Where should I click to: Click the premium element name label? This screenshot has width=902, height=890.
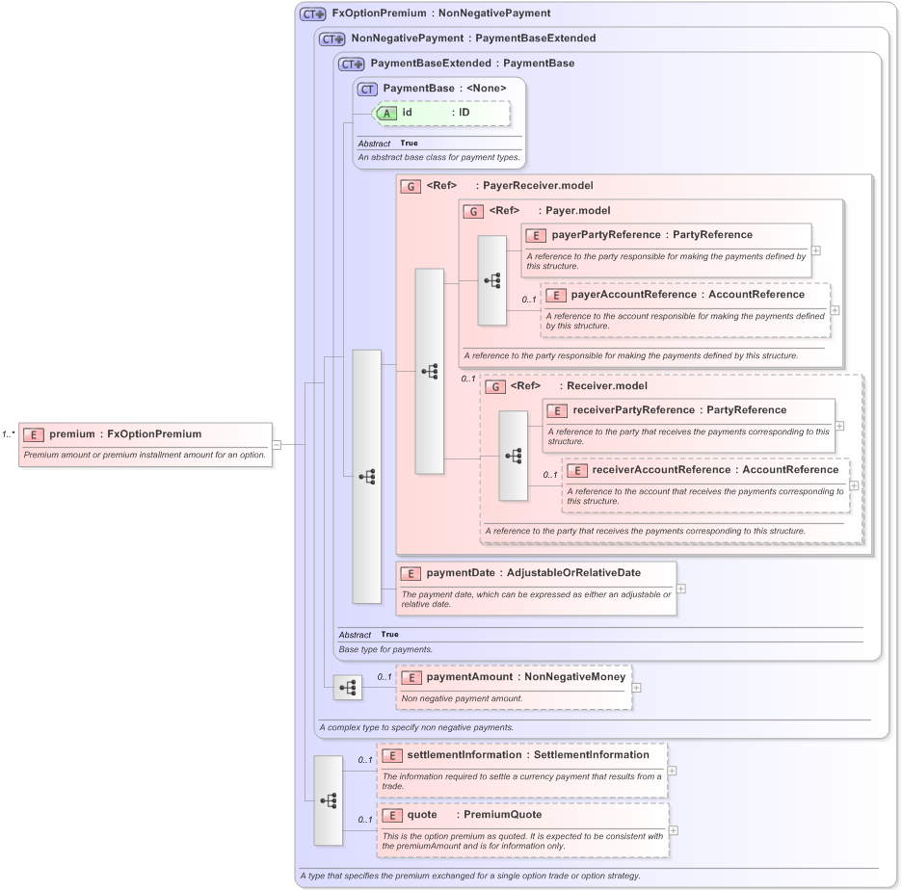click(72, 434)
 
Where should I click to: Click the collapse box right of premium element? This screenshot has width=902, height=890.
click(277, 444)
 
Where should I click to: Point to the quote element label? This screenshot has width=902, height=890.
click(421, 815)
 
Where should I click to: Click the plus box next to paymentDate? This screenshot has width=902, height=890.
click(681, 588)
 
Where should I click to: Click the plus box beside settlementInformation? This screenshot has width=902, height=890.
click(672, 771)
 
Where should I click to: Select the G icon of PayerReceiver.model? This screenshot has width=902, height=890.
click(411, 186)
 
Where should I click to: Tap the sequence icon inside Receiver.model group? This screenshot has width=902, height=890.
click(513, 456)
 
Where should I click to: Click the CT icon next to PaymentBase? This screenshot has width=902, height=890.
click(366, 89)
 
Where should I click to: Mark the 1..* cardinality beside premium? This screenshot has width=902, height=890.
click(9, 434)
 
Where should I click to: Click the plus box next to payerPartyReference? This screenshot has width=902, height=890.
click(815, 249)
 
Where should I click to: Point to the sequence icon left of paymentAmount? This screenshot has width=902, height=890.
click(348, 688)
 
